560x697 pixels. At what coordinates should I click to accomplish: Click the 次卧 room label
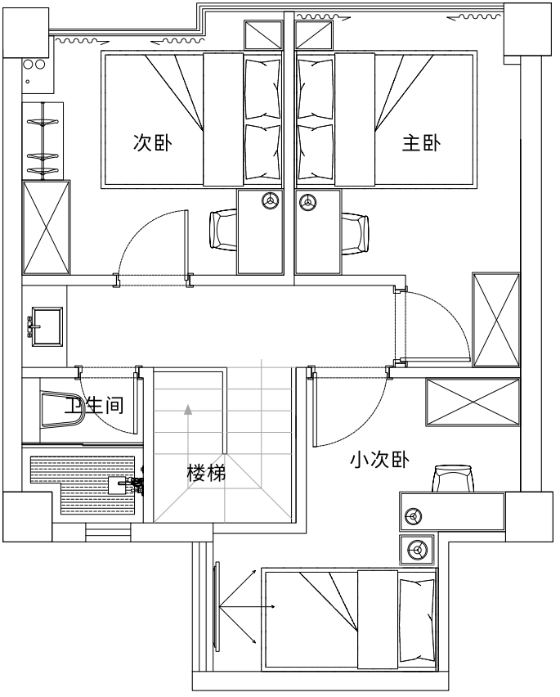tap(152, 143)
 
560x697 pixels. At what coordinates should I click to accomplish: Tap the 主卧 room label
tap(421, 143)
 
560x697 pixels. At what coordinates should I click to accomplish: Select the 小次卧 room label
tap(379, 461)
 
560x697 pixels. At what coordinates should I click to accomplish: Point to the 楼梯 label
tap(206, 473)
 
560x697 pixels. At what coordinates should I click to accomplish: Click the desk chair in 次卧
tap(223, 230)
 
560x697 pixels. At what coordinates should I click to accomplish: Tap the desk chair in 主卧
tap(355, 230)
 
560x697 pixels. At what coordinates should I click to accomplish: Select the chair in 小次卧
tap(454, 479)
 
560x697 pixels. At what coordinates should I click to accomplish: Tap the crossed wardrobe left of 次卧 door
tap(47, 227)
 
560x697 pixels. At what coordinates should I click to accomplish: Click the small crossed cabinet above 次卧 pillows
tap(263, 35)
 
